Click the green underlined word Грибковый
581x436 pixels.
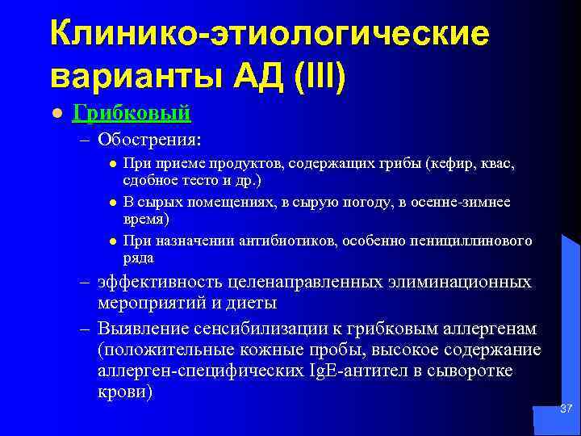pyautogui.click(x=132, y=113)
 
